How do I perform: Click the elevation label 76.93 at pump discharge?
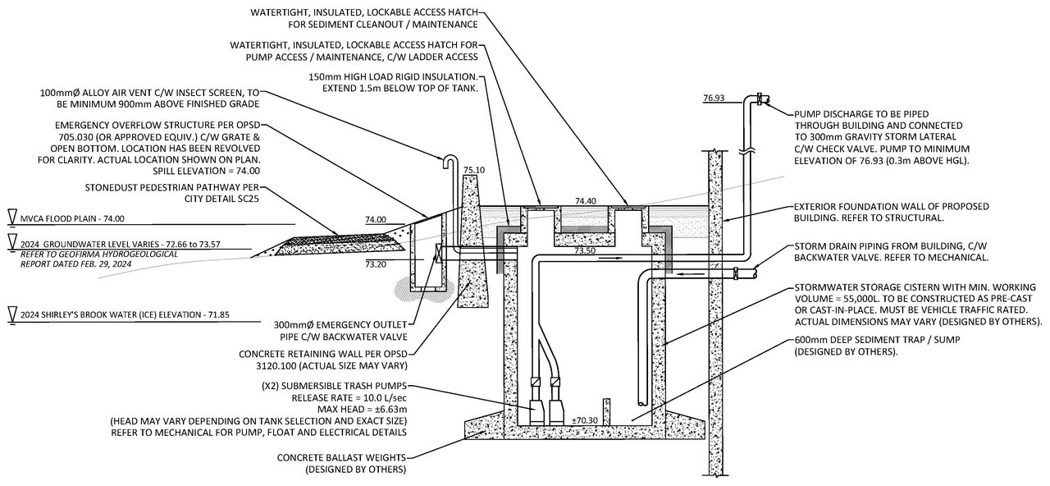[x=714, y=98]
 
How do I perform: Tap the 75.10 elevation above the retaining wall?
[x=474, y=170]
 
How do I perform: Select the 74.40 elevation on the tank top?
[x=586, y=201]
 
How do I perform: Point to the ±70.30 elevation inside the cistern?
[x=585, y=420]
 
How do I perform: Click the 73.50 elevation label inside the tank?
[x=585, y=251]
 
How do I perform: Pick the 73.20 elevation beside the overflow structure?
[x=376, y=264]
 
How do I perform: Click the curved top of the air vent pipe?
[x=450, y=158]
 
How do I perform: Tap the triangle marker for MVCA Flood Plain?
[x=12, y=216]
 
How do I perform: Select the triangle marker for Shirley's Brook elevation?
[x=12, y=314]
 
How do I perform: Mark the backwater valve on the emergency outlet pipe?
[x=439, y=253]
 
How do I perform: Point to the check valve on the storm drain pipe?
[x=736, y=273]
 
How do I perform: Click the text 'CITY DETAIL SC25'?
[x=221, y=199]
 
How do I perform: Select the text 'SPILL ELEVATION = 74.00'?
[x=206, y=171]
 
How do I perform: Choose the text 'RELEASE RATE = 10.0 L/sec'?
[x=349, y=398]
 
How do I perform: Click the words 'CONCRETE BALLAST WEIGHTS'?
[x=341, y=457]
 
